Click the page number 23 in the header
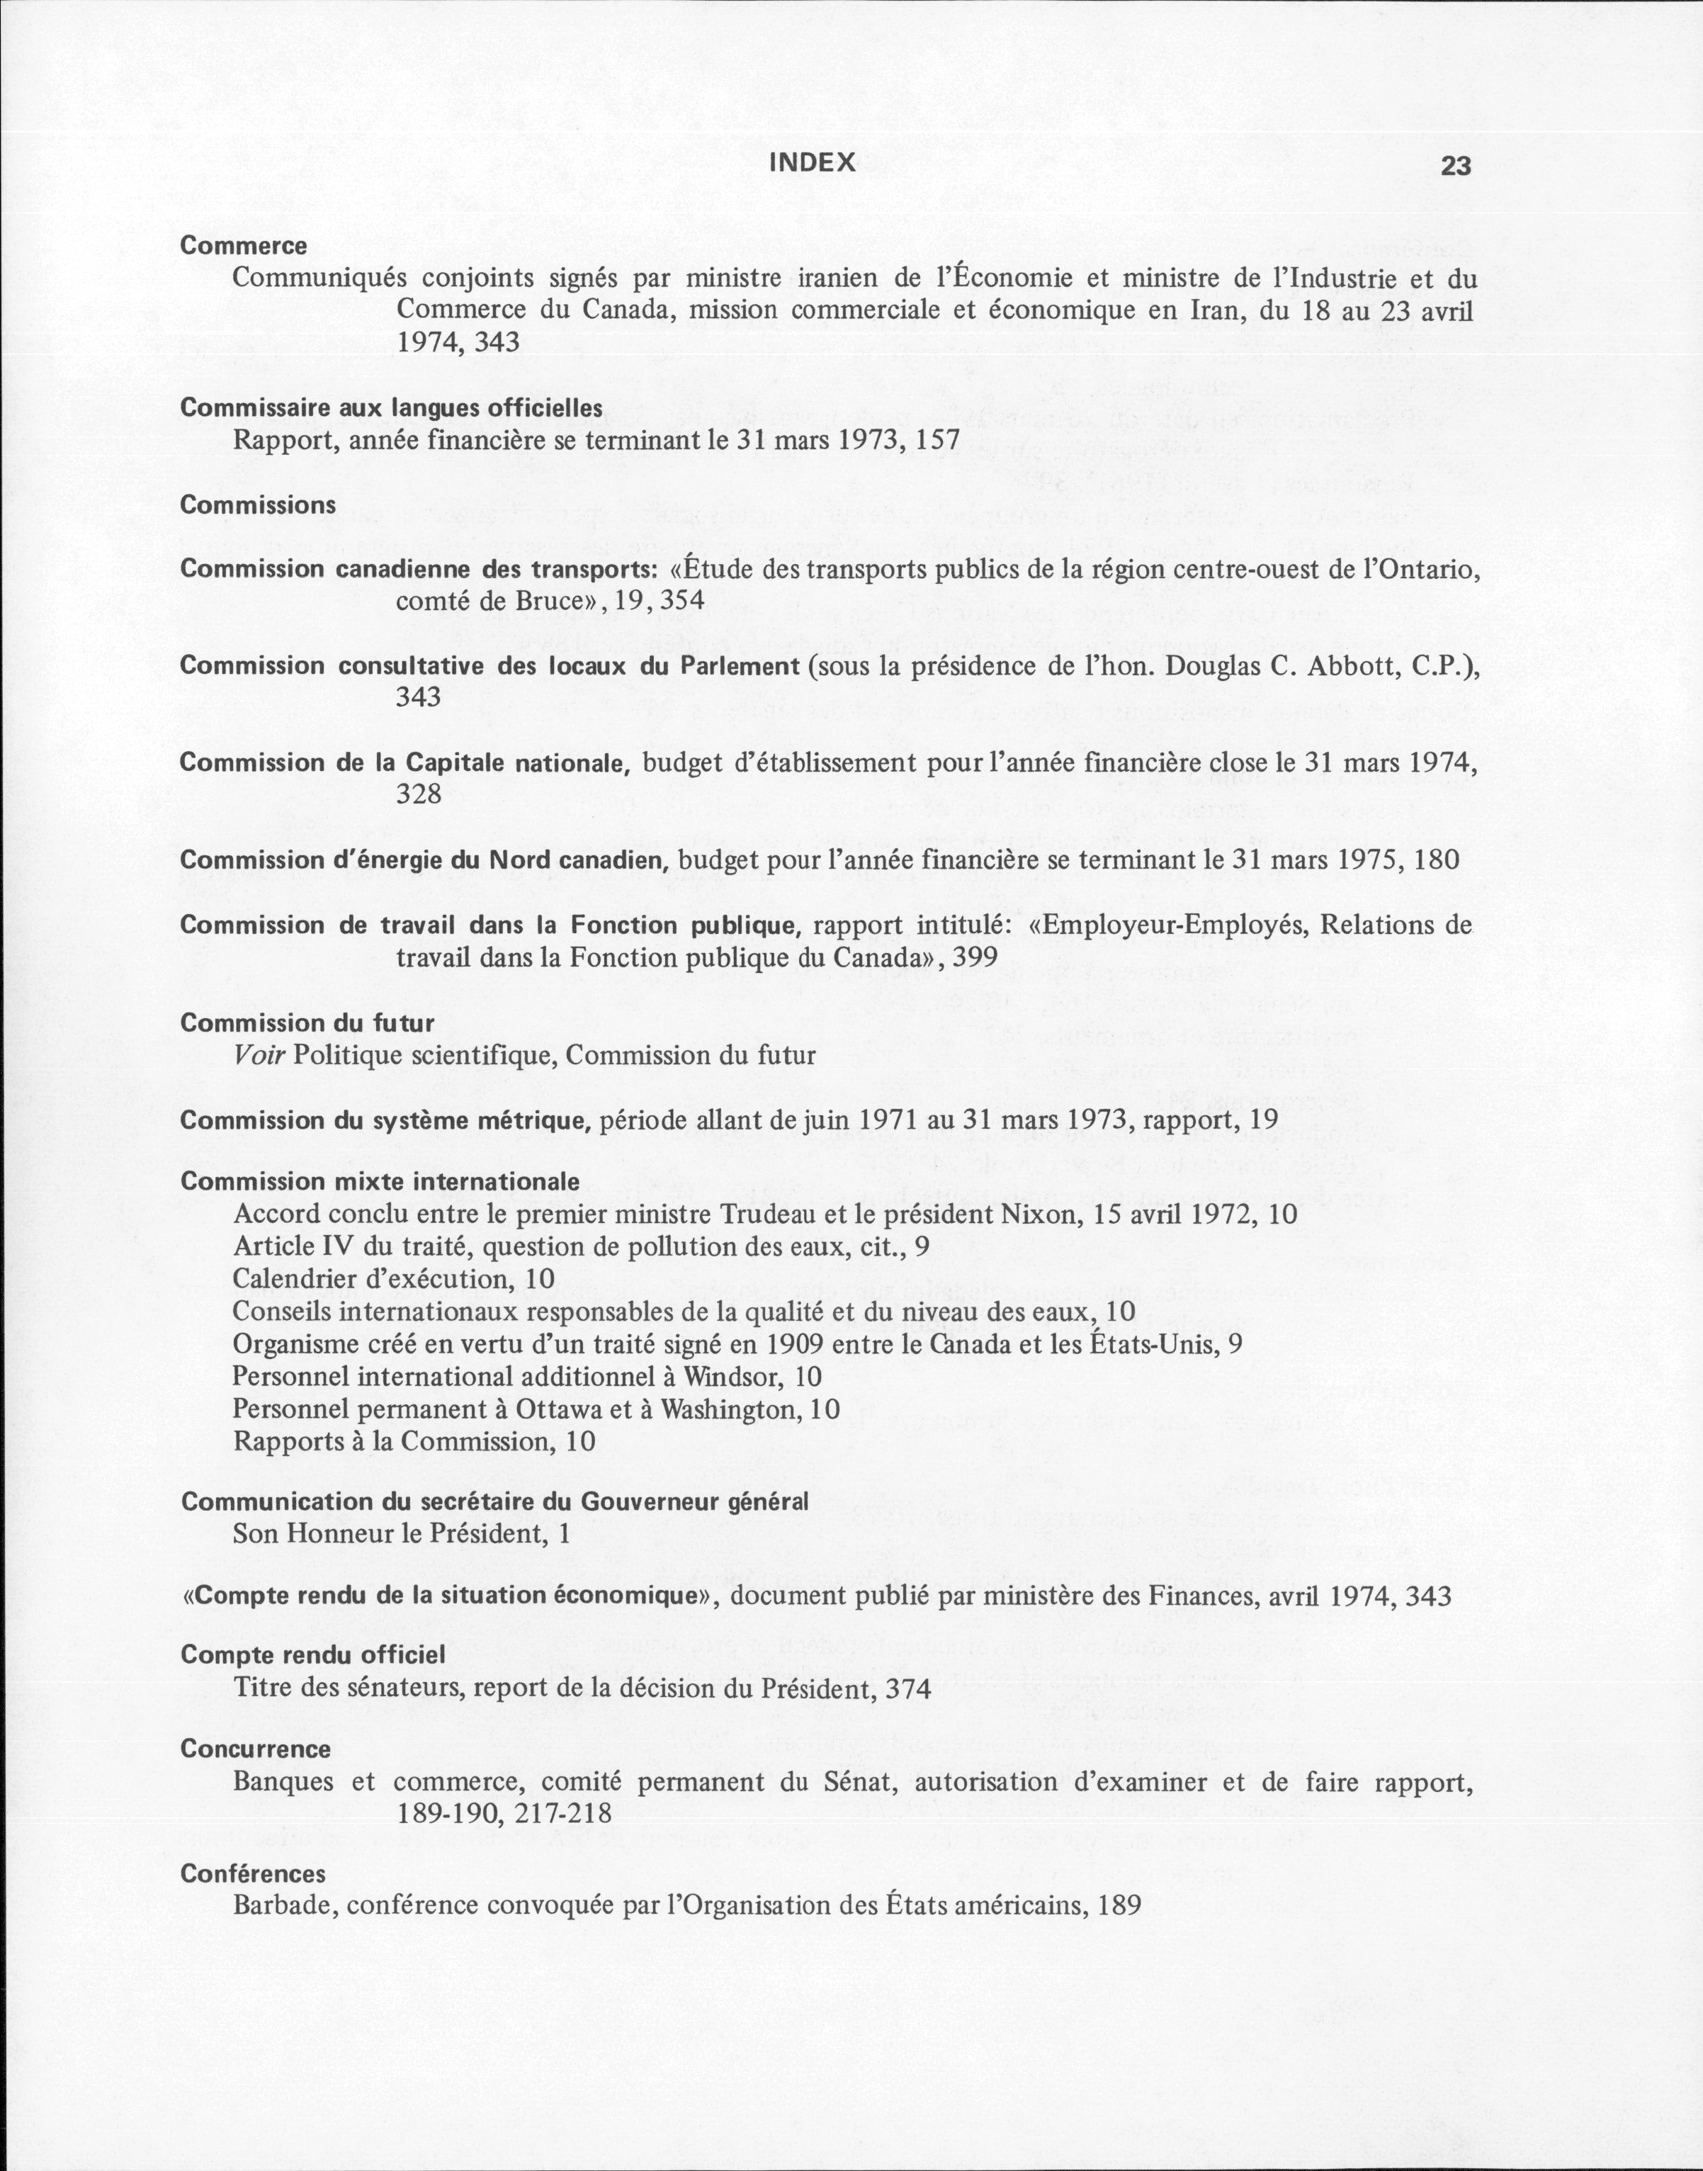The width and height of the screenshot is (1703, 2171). pos(1456,166)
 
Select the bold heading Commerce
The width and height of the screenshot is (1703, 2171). pos(243,245)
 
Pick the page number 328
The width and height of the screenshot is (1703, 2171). pos(419,795)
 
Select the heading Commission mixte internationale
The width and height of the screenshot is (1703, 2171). pos(380,1182)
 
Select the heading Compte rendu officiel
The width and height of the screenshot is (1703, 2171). pos(313,1654)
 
